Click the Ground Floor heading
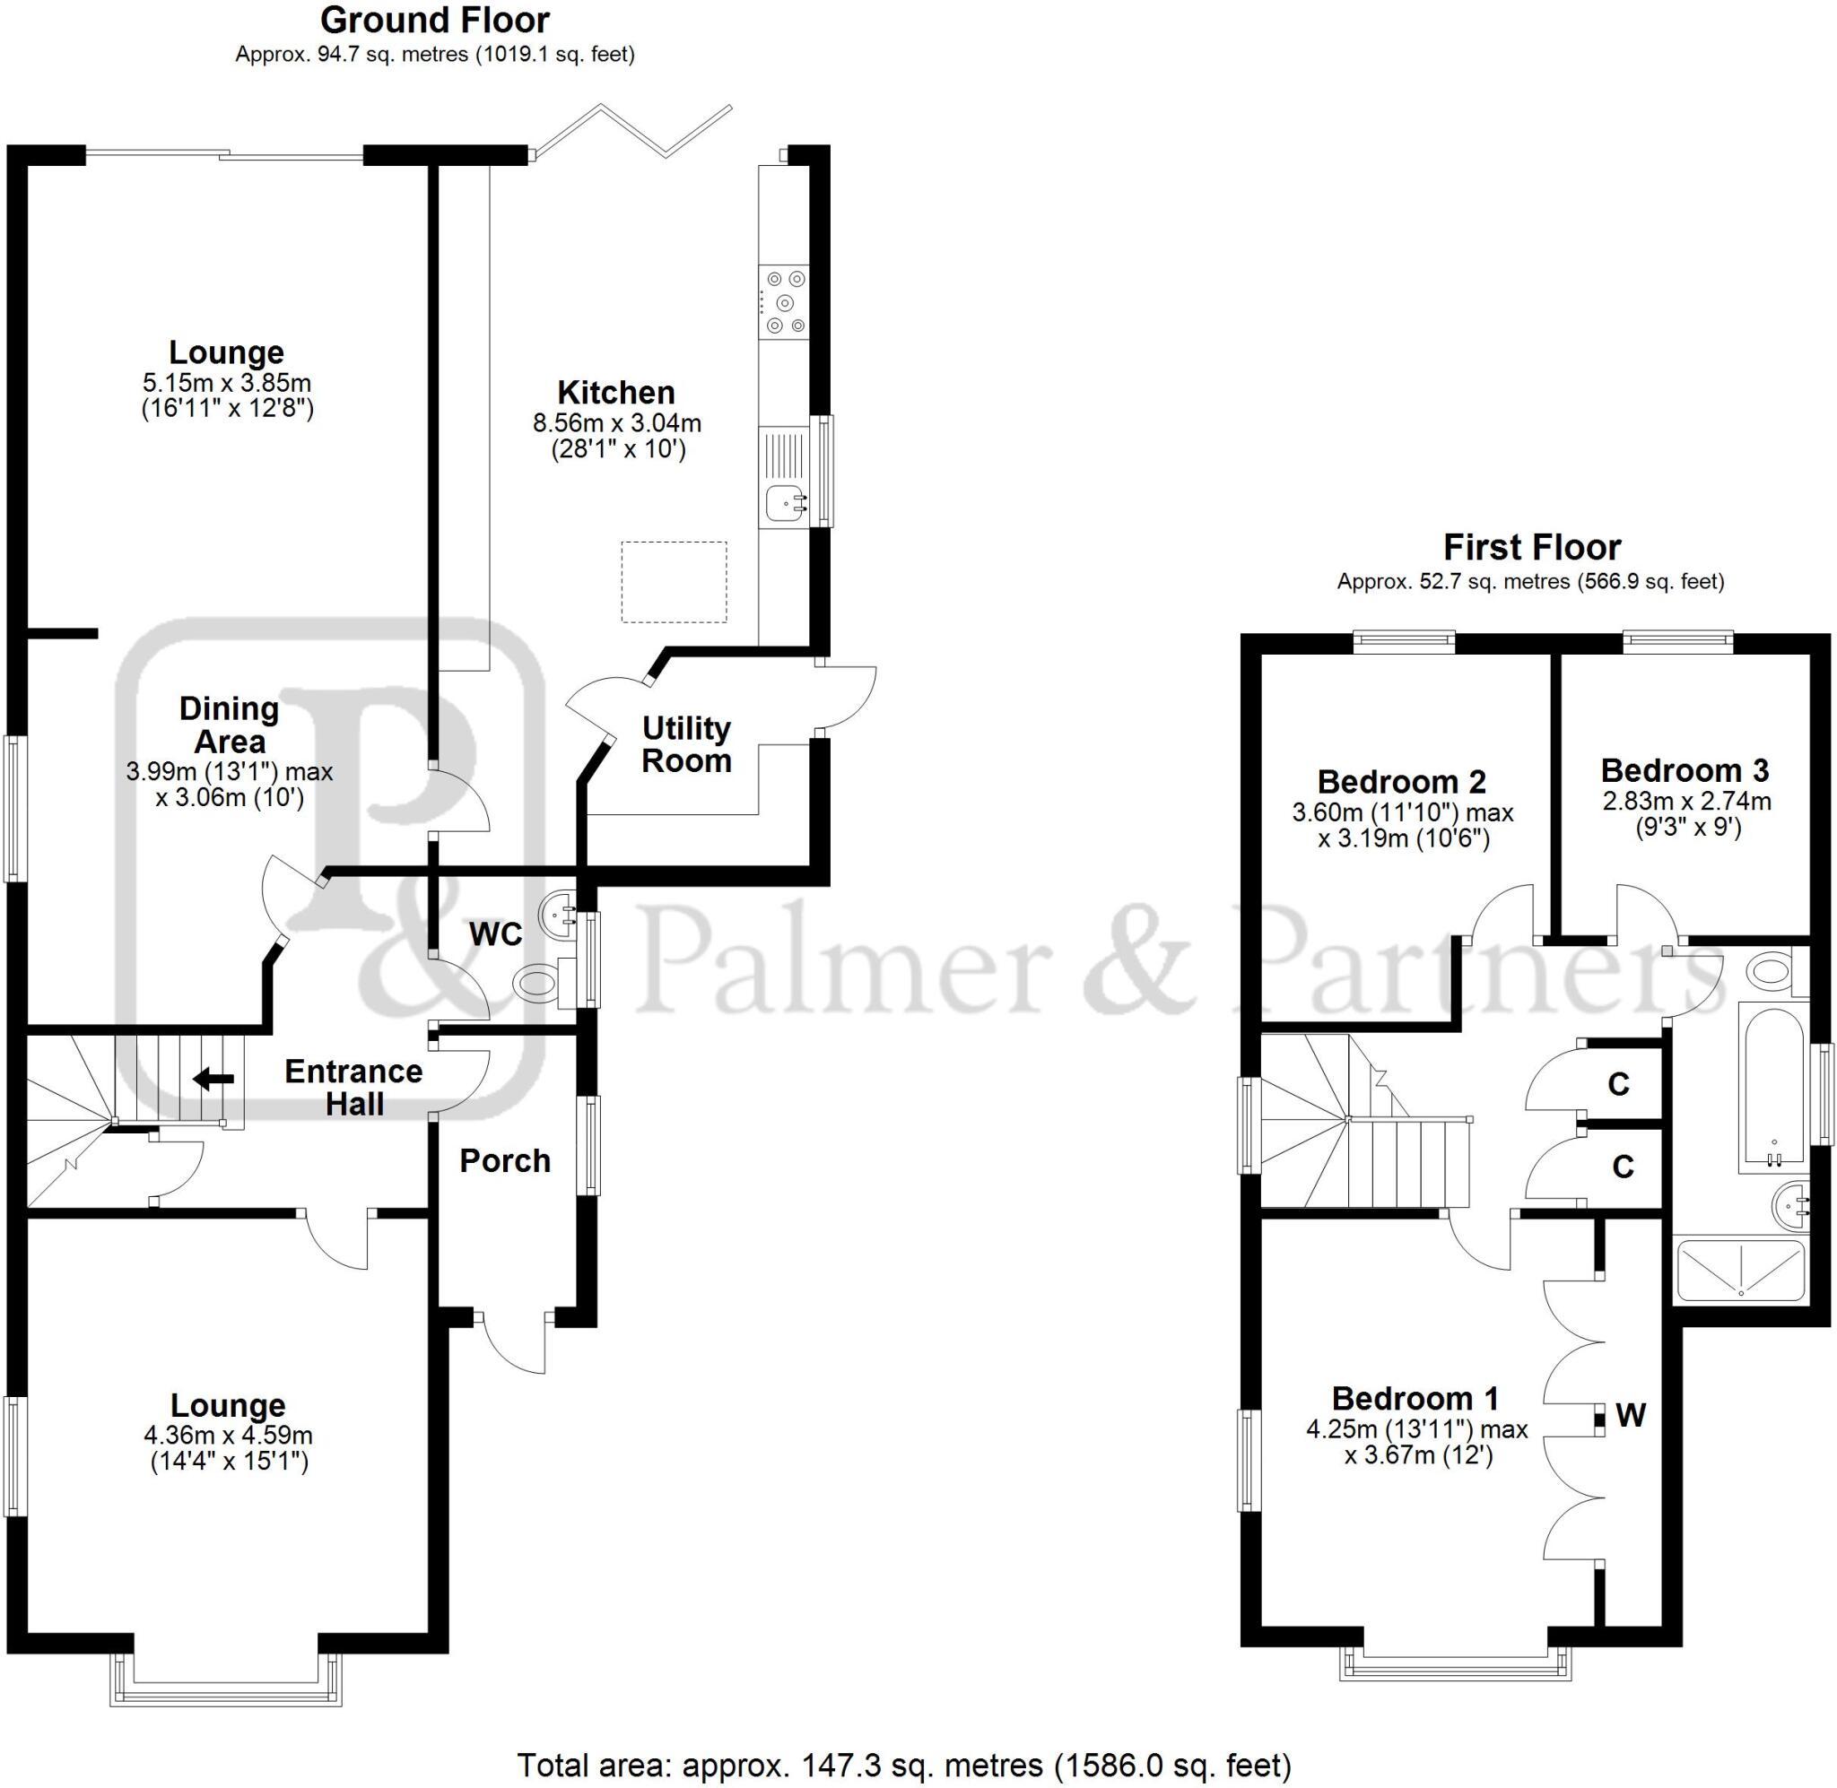[435, 21]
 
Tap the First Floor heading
[1532, 547]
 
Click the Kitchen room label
[616, 393]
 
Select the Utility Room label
[686, 744]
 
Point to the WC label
[495, 933]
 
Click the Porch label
[505, 1161]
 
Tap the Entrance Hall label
[354, 1088]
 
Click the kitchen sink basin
[782, 503]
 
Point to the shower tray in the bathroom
[1740, 1271]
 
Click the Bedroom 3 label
[1685, 771]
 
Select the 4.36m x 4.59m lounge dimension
[228, 1435]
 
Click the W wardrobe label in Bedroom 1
[1631, 1414]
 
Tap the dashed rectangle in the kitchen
[674, 582]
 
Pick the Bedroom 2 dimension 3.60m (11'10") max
[1403, 812]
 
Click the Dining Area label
[229, 725]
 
